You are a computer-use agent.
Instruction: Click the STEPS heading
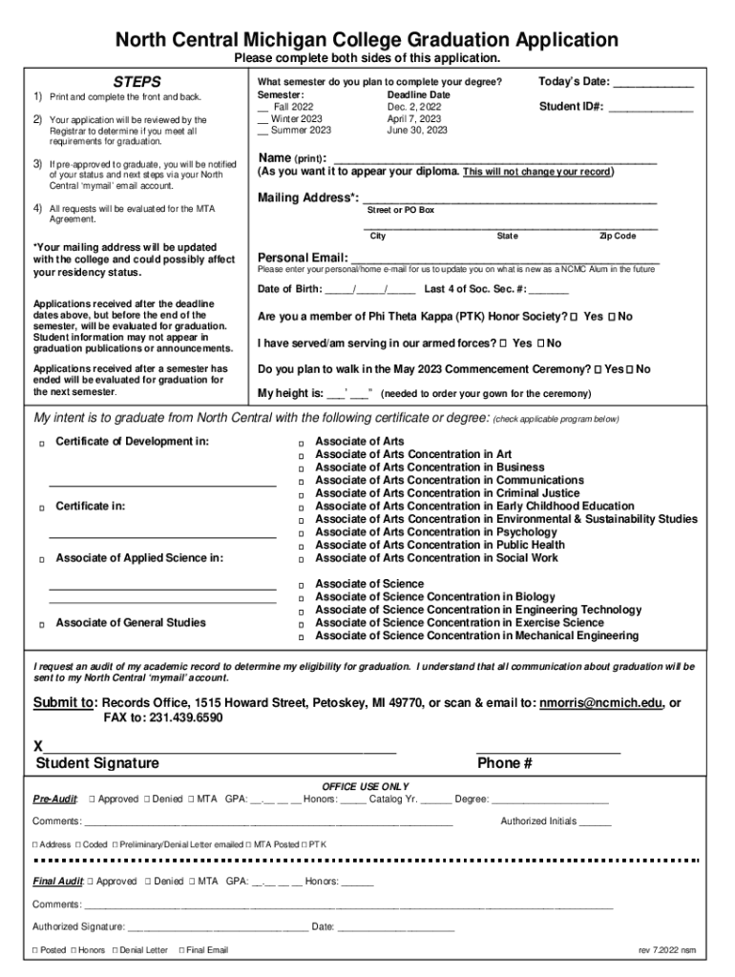(137, 82)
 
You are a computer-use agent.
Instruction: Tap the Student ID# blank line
(651, 109)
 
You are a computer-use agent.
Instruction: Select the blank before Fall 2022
(262, 108)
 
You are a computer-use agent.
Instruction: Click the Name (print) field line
(493, 160)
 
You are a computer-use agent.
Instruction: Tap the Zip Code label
(617, 236)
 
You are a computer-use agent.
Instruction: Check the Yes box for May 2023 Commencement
(598, 369)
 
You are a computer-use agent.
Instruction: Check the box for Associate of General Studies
(41, 624)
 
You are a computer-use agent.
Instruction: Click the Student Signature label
(97, 763)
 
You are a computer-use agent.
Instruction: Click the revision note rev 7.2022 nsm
(667, 950)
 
